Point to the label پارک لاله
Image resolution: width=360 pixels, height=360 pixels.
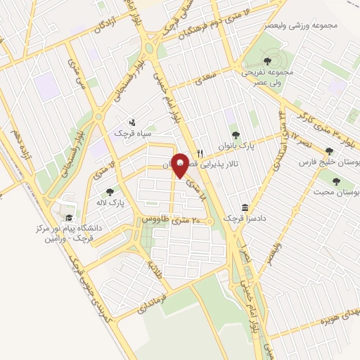[x=110, y=202]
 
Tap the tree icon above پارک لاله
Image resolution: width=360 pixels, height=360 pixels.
[x=110, y=191]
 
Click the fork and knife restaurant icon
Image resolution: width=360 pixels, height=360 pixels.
[x=200, y=153]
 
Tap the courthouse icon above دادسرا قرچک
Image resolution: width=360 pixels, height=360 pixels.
[x=244, y=208]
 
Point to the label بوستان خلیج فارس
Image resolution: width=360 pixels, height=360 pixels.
[x=325, y=162]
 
